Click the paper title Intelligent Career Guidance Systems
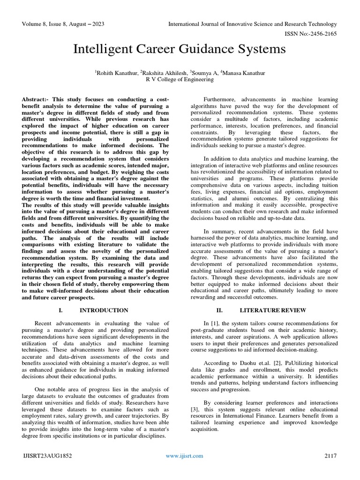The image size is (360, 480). (x=180, y=49)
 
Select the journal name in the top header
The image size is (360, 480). (x=253, y=24)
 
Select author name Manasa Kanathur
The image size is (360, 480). (x=243, y=73)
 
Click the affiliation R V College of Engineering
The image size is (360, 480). (x=180, y=79)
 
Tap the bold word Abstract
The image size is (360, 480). (x=36, y=100)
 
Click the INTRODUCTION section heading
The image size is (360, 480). (x=104, y=310)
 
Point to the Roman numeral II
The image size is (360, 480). (x=219, y=310)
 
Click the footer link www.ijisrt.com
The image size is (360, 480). (x=185, y=456)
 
